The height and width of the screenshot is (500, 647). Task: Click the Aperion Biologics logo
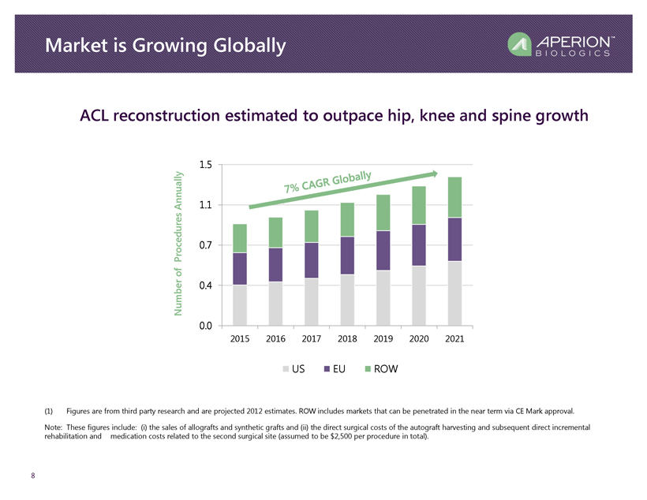pos(561,45)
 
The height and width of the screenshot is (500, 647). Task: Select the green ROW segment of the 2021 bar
pos(454,196)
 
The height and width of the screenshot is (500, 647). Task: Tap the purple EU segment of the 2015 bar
pos(240,268)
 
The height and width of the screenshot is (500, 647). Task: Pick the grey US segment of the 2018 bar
pos(347,300)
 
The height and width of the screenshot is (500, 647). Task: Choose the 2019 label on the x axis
pos(383,339)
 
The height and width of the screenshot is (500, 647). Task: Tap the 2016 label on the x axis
pos(275,339)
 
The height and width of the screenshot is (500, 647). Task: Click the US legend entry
pos(293,368)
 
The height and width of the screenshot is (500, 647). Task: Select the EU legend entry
pos(335,368)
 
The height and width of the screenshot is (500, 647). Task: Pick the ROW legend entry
pos(380,368)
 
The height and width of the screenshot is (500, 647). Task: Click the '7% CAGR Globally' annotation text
pos(327,181)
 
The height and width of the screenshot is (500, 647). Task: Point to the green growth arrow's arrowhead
pos(434,173)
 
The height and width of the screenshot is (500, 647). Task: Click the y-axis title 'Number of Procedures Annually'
pos(180,243)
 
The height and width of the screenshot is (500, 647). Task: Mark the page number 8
pos(32,476)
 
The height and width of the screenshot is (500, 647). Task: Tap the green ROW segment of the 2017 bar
pos(312,226)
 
